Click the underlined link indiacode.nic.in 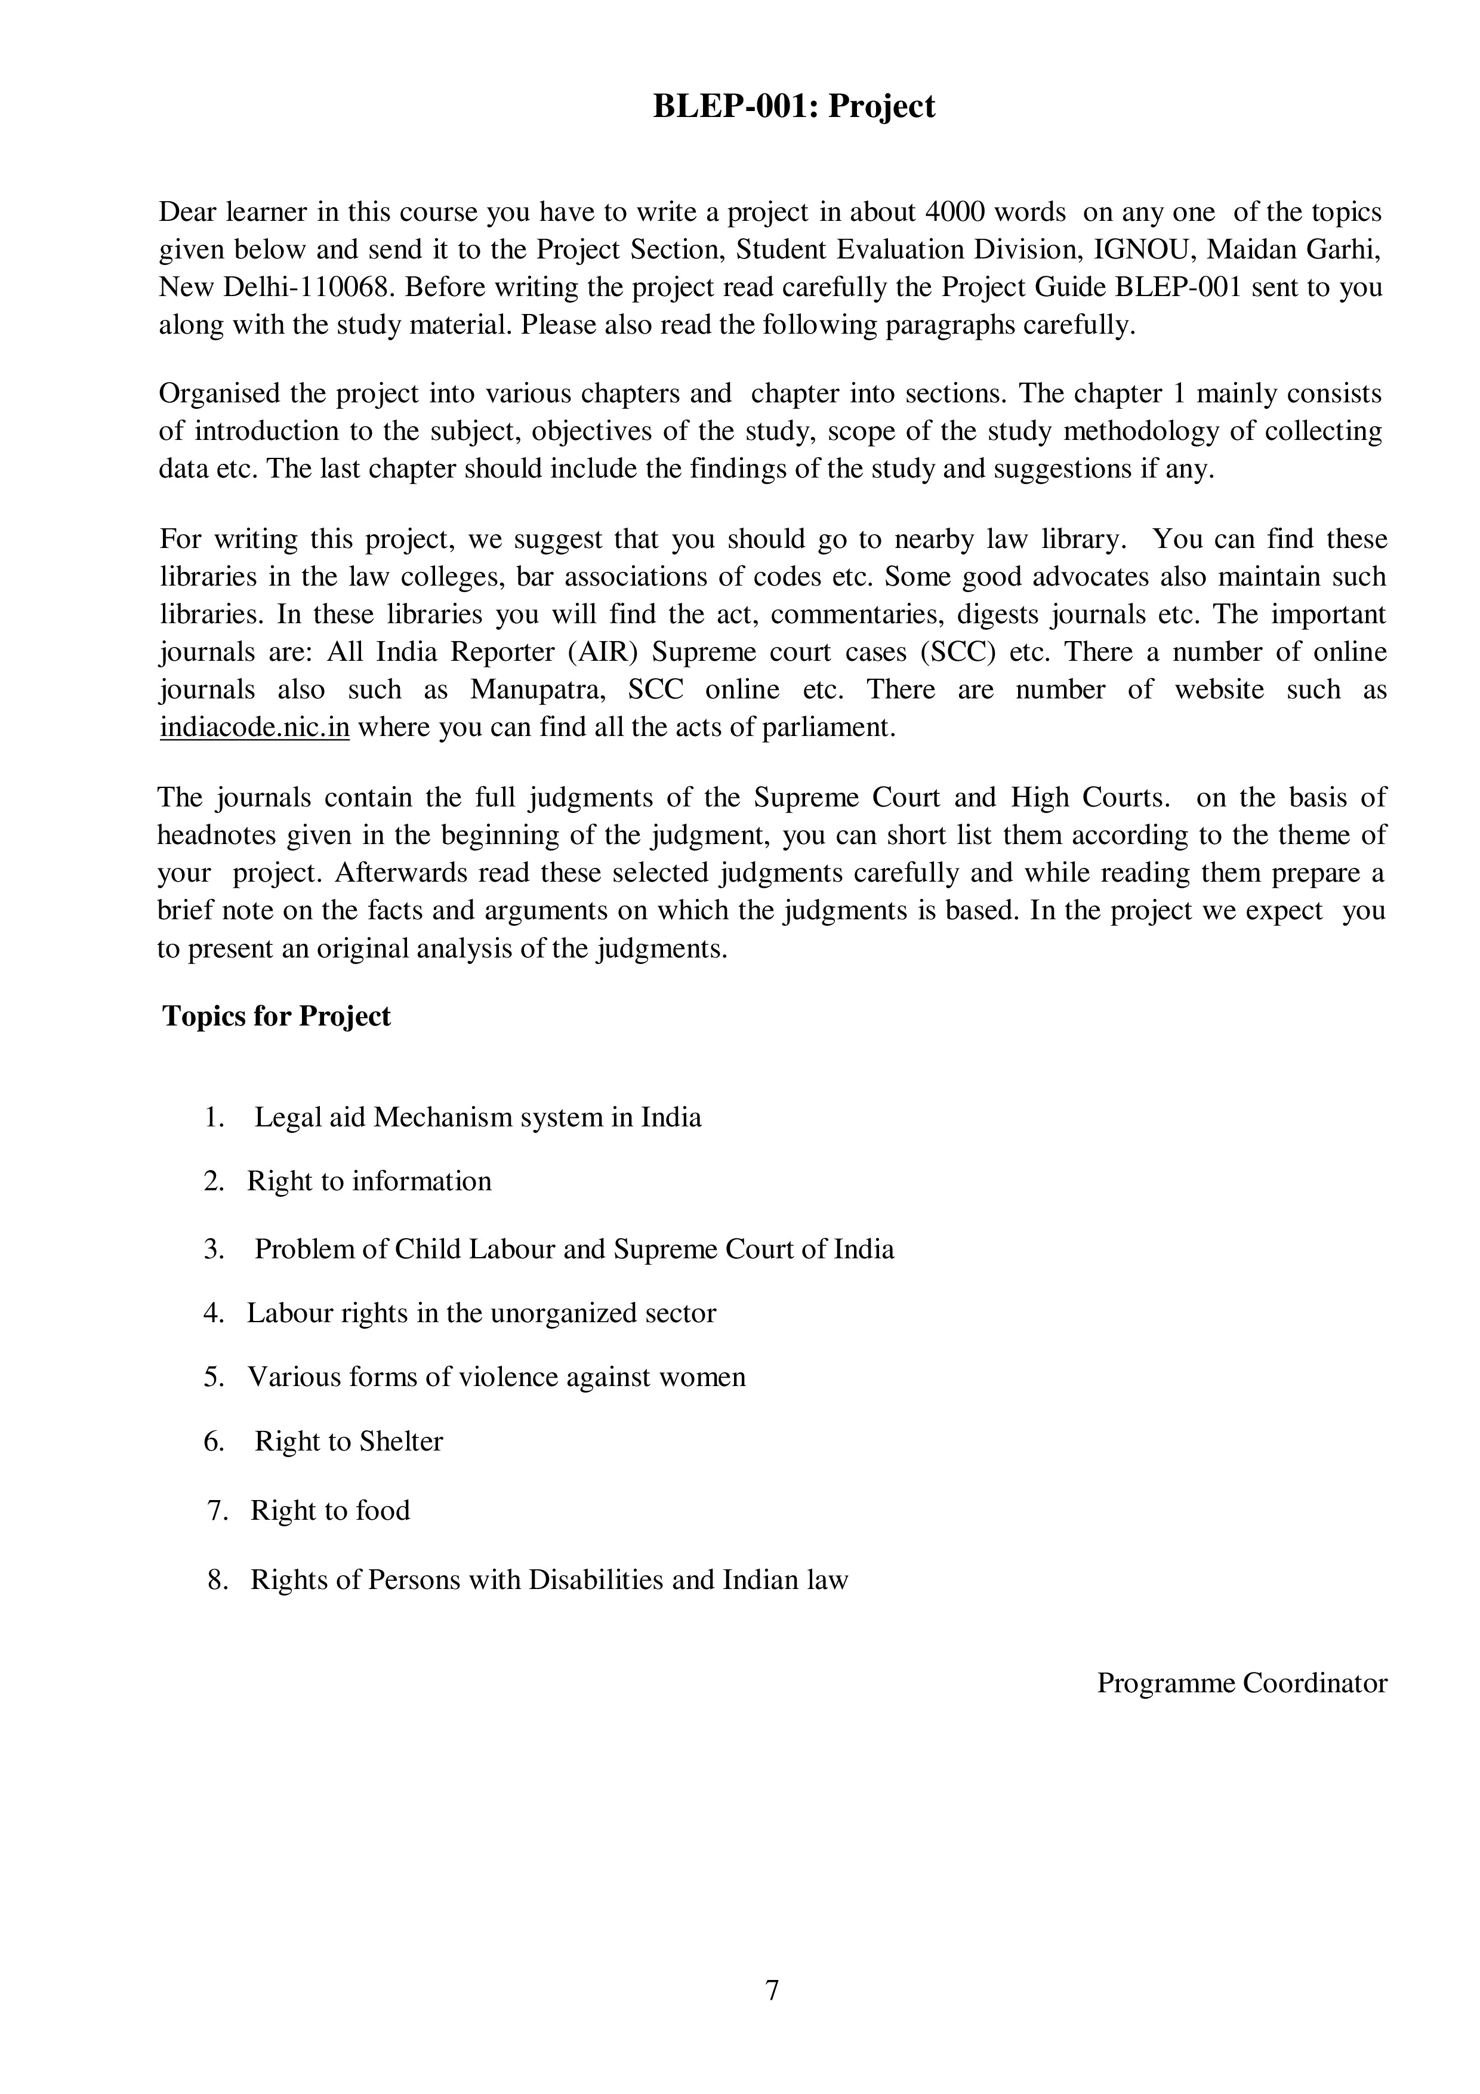pos(254,728)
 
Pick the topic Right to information pos(368,1181)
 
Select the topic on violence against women pos(496,1377)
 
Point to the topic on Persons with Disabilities pos(549,1579)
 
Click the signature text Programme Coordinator pos(1241,1683)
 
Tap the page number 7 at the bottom pos(772,1990)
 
